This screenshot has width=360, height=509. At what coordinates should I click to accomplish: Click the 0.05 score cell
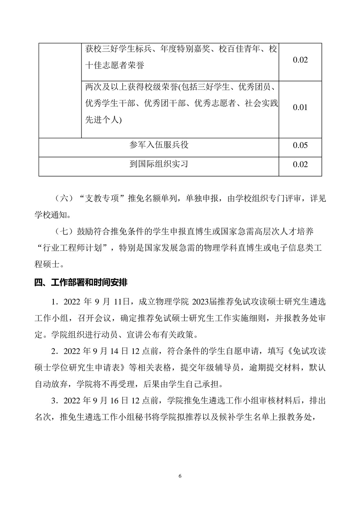pyautogui.click(x=300, y=145)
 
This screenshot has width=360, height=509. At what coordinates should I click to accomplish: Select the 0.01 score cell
pyautogui.click(x=300, y=107)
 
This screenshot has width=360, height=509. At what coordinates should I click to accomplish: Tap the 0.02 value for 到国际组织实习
pyautogui.click(x=300, y=164)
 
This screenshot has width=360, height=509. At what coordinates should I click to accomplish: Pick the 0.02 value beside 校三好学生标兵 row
pyautogui.click(x=300, y=60)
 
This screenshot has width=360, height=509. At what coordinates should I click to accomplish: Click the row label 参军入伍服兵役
pyautogui.click(x=159, y=145)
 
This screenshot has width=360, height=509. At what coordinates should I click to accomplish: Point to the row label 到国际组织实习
pyautogui.click(x=159, y=164)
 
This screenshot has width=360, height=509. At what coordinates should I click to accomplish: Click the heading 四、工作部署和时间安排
pyautogui.click(x=81, y=282)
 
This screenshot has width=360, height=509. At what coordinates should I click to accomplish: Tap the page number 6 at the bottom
pyautogui.click(x=180, y=476)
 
